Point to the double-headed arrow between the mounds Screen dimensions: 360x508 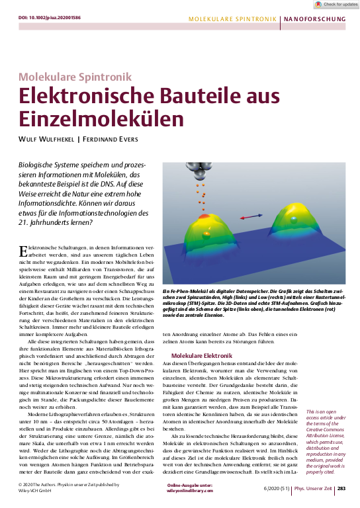point(250,216)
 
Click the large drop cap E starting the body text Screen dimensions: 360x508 point(24,249)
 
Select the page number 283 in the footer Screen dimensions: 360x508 point(341,488)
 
